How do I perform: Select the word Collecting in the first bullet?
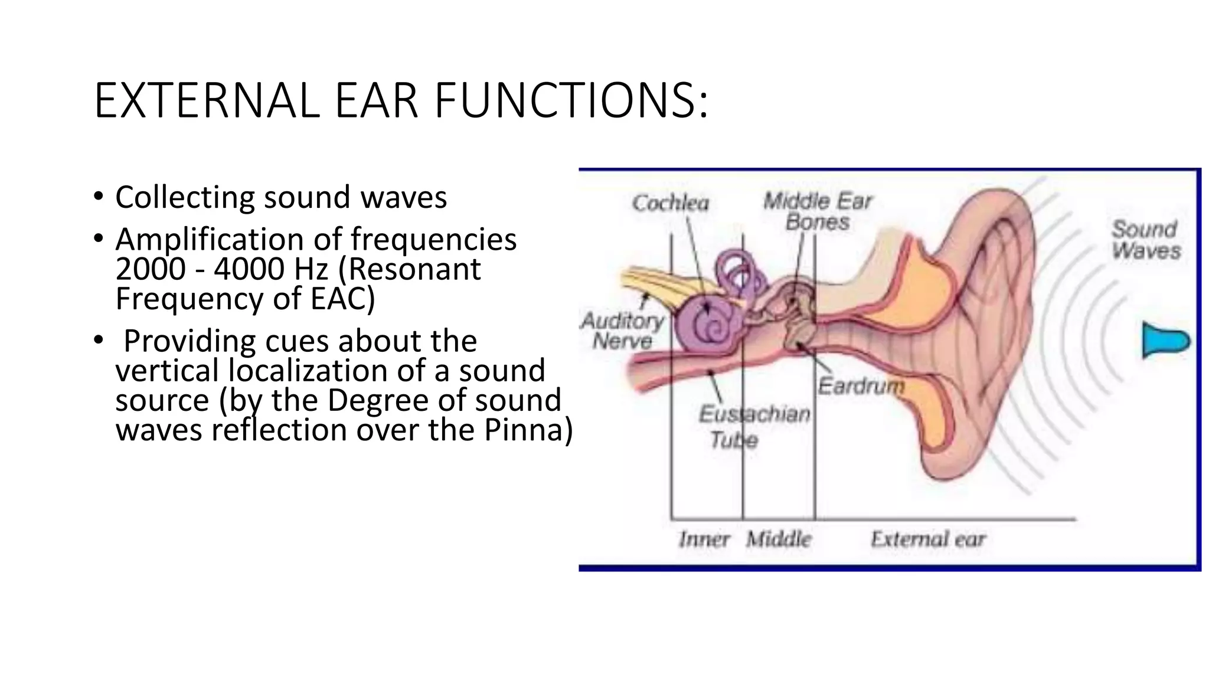(185, 197)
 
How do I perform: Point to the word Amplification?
(209, 240)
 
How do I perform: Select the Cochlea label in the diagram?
(670, 203)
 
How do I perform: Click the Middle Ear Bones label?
(818, 211)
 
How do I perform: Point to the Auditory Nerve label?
(622, 331)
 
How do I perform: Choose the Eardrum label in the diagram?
(861, 386)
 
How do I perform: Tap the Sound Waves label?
(1145, 240)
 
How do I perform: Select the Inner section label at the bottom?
(704, 539)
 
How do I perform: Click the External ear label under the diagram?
(927, 539)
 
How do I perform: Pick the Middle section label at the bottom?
(778, 539)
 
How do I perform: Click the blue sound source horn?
(1164, 341)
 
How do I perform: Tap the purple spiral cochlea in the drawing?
(705, 325)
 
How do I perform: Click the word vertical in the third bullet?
(168, 371)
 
